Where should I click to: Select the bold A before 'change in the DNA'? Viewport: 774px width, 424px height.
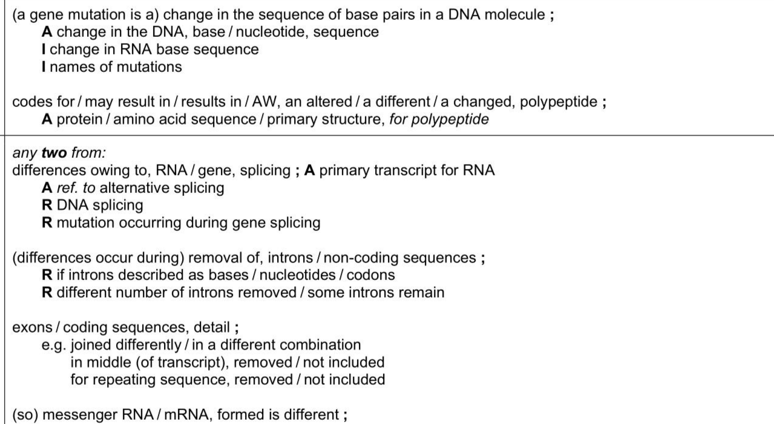[x=47, y=32]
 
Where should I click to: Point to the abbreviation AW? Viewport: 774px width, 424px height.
[x=264, y=102]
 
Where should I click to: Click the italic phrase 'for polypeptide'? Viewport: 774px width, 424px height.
[x=439, y=120]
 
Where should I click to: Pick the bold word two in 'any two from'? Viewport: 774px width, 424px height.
[x=54, y=152]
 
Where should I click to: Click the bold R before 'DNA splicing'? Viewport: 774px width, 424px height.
[x=47, y=205]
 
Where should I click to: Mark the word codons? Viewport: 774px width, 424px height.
[x=370, y=275]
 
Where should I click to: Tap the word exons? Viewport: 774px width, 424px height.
[x=32, y=327]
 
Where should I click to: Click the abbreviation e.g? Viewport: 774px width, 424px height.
[x=54, y=345]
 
